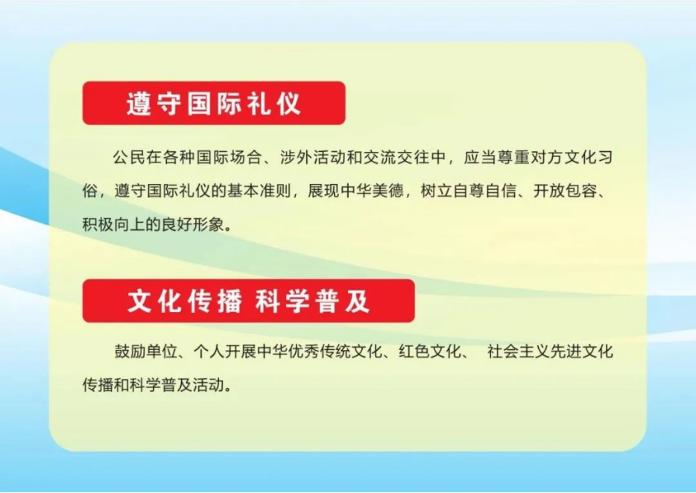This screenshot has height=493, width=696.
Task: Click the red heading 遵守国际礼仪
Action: [214, 104]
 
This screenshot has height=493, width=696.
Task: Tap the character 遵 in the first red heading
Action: [139, 104]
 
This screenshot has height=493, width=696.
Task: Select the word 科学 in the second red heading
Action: [282, 302]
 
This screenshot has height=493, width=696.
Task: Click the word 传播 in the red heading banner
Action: [215, 302]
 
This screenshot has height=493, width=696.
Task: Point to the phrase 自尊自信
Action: [484, 191]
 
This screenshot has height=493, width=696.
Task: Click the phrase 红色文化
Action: [430, 352]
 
